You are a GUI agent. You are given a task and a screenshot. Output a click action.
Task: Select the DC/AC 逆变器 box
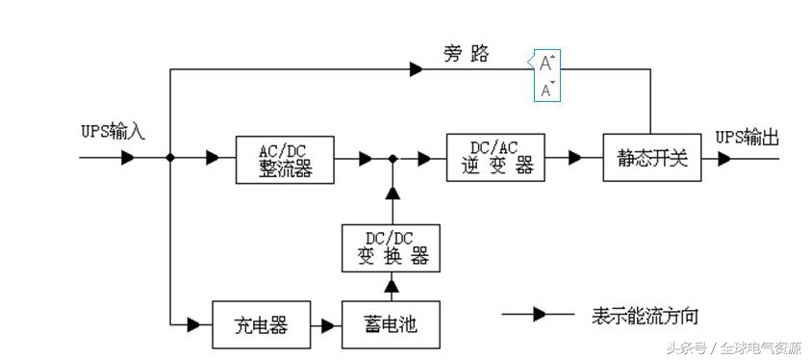click(495, 157)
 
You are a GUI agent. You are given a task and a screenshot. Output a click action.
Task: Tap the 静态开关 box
click(652, 158)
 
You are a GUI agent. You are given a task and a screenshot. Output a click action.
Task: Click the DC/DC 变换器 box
click(391, 248)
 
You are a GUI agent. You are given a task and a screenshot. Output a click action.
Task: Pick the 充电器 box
click(262, 324)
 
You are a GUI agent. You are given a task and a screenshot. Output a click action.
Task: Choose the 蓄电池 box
click(392, 324)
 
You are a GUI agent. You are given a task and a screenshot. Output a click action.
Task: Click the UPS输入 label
click(112, 132)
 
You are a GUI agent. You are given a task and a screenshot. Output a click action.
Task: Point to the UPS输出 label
click(747, 138)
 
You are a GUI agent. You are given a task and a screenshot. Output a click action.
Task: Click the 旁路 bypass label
click(466, 55)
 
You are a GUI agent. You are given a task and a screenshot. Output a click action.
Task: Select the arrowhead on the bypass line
click(416, 69)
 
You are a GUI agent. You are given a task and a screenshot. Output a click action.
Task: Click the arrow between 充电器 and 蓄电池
click(328, 325)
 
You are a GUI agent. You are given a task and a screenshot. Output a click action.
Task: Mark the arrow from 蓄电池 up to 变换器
click(392, 285)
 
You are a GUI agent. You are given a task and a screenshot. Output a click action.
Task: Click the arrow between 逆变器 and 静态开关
click(574, 158)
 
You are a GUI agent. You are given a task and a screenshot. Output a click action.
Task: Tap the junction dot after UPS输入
click(170, 158)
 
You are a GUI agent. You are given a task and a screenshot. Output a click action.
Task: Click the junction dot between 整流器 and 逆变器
click(392, 158)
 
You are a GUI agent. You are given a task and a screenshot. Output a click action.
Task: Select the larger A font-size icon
click(546, 64)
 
